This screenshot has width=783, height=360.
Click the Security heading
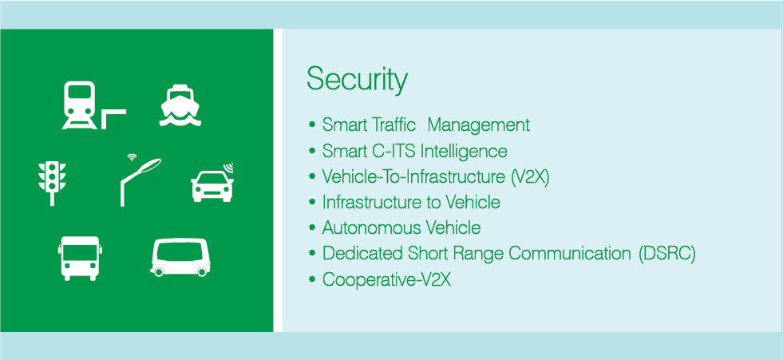(x=357, y=80)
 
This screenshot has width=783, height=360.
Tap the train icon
(x=79, y=105)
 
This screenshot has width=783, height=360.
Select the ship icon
(x=180, y=105)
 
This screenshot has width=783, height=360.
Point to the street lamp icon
(x=140, y=182)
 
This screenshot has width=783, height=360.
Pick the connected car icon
(x=212, y=183)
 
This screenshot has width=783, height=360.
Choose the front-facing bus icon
(x=79, y=258)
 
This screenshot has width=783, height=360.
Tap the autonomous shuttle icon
(x=180, y=258)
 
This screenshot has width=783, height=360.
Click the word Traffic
(x=393, y=125)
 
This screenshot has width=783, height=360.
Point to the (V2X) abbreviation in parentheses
(x=530, y=176)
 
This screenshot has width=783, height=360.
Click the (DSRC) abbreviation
(x=666, y=254)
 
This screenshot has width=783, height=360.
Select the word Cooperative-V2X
(x=387, y=279)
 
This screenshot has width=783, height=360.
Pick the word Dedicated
(x=356, y=254)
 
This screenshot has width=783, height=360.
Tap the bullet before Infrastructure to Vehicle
(x=312, y=202)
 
